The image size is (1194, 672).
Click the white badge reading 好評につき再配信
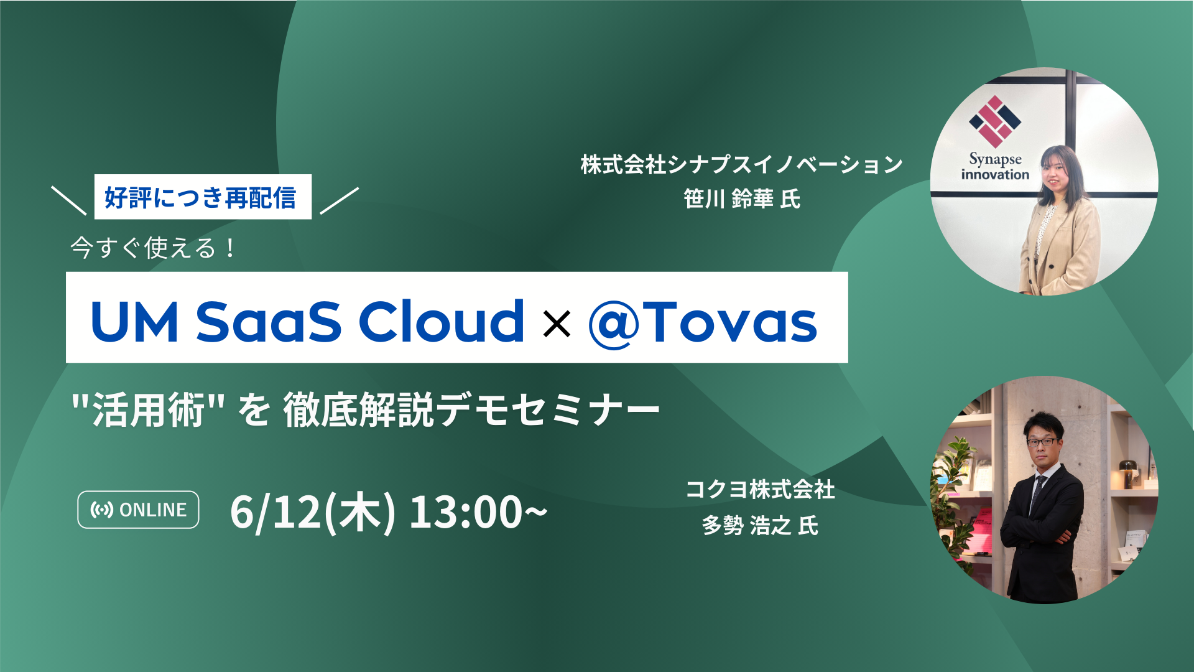(x=203, y=197)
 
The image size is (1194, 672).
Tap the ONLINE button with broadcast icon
(x=138, y=510)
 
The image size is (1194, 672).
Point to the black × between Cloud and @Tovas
(x=557, y=324)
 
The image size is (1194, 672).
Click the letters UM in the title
(x=134, y=322)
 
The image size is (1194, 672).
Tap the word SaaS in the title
(x=269, y=321)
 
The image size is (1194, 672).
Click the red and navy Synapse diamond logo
(x=995, y=121)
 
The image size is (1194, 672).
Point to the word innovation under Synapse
(x=995, y=175)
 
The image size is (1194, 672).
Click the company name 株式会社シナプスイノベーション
(x=741, y=164)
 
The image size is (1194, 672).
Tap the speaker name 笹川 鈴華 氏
(x=741, y=199)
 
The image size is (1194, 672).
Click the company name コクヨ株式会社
(x=760, y=490)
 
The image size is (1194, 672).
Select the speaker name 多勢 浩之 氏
(x=760, y=526)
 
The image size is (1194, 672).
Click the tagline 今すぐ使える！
(x=153, y=248)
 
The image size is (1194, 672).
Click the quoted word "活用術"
(x=148, y=410)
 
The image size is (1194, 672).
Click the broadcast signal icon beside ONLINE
(x=102, y=510)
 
